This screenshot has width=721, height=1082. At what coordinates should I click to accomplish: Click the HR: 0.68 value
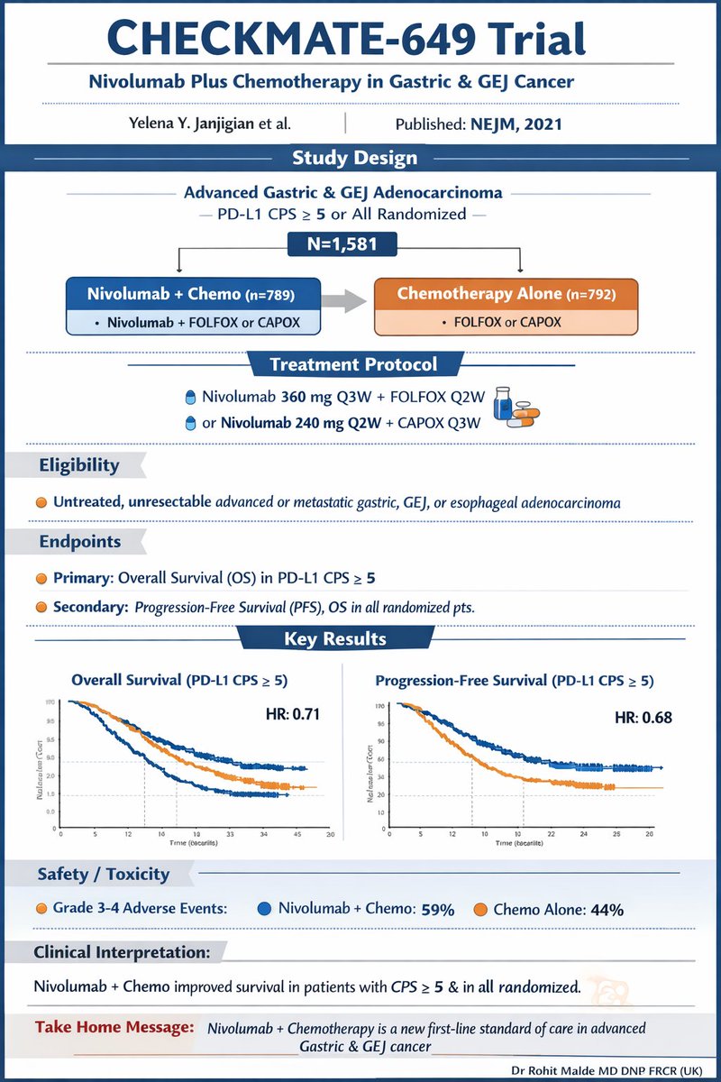(x=644, y=718)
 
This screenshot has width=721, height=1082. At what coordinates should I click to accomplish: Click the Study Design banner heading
(x=354, y=159)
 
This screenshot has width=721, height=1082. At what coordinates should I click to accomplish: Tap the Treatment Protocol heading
(x=354, y=365)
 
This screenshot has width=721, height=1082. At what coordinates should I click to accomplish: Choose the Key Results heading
(x=334, y=639)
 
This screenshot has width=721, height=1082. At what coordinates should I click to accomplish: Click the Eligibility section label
(x=78, y=466)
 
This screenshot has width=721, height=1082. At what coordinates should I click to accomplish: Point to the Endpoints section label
(x=80, y=543)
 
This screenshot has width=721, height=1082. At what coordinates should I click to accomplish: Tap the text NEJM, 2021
(x=516, y=124)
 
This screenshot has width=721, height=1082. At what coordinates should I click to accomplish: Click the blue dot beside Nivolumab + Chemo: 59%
(x=264, y=909)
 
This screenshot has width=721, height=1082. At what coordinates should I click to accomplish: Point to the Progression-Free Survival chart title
(x=515, y=681)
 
